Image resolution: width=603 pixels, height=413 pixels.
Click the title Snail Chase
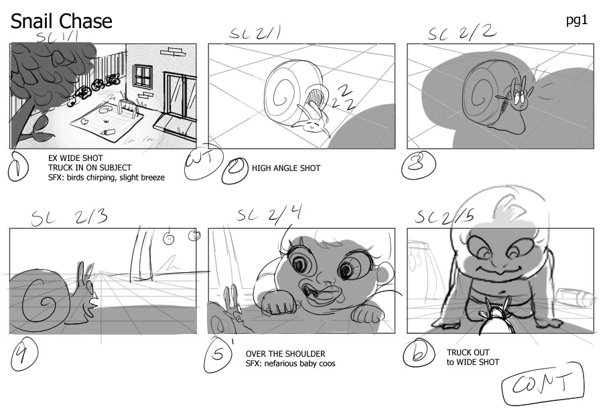pyautogui.click(x=61, y=22)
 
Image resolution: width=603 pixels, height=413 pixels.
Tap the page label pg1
pyautogui.click(x=576, y=20)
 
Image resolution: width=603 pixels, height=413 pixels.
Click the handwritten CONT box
pyautogui.click(x=543, y=386)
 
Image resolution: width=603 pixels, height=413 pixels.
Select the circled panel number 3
pyautogui.click(x=418, y=167)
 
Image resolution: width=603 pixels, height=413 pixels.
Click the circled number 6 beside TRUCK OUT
pyautogui.click(x=420, y=354)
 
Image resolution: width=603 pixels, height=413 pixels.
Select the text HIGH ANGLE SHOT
pyautogui.click(x=285, y=168)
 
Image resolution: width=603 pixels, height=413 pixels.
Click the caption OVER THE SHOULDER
pyautogui.click(x=285, y=353)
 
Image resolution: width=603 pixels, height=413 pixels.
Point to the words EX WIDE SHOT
pyautogui.click(x=76, y=158)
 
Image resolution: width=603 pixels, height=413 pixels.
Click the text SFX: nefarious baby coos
pyautogui.click(x=290, y=363)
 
